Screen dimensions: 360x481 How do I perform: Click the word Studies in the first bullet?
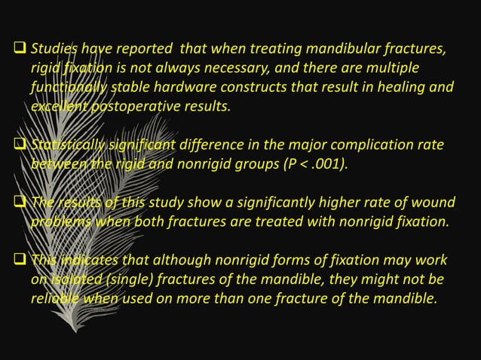pyautogui.click(x=52, y=50)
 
